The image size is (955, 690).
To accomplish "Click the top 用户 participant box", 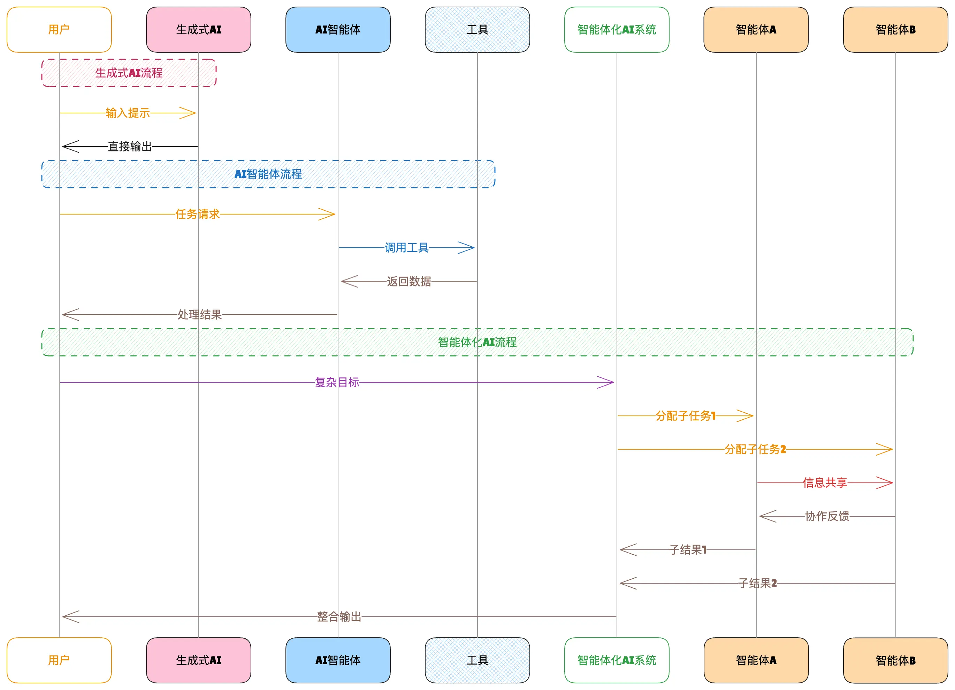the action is tap(59, 30).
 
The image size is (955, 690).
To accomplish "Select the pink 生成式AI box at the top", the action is tap(198, 30).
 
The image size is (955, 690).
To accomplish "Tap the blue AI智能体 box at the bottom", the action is tap(338, 660).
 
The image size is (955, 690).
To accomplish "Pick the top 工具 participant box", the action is tap(477, 30).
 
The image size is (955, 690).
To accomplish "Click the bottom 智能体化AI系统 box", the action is tap(617, 660).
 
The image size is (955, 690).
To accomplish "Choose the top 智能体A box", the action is tap(756, 30).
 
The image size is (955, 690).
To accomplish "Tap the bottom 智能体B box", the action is tap(895, 660).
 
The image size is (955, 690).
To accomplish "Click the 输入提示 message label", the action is tap(128, 113).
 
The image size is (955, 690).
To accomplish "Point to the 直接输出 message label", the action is tap(130, 146).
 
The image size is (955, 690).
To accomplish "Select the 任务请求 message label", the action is tap(198, 214).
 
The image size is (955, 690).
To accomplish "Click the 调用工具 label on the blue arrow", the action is tap(406, 247).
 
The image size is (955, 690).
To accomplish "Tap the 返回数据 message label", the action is tap(409, 281).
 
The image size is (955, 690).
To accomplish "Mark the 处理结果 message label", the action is tap(200, 314).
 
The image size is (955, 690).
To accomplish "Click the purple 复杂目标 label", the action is tap(337, 382).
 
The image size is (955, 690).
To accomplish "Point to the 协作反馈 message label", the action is tap(827, 516).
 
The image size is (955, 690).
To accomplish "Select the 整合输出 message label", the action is tap(339, 617).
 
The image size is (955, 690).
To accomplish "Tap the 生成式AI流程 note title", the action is tap(129, 73).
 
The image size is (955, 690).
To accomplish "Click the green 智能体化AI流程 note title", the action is tap(477, 342).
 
